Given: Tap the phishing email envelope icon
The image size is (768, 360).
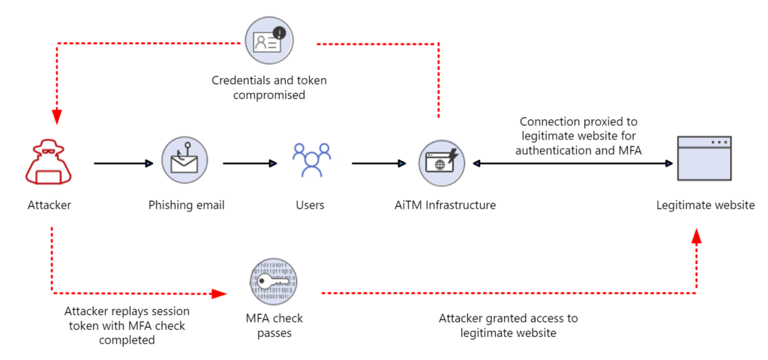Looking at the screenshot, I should (184, 160).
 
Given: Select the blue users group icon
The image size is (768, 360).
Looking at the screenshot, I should (310, 160).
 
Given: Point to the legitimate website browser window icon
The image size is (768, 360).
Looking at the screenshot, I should (703, 159).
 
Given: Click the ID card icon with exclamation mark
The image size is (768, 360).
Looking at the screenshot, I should (269, 41).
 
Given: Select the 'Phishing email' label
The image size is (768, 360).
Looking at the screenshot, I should (186, 205).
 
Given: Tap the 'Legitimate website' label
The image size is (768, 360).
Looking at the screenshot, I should (705, 205).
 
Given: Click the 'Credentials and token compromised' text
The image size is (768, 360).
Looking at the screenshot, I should (269, 88).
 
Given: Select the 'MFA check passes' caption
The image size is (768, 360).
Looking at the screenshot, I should (274, 325).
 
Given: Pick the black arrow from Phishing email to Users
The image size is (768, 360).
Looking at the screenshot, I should (249, 163).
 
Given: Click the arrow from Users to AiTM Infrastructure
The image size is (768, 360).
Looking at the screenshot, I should (378, 163).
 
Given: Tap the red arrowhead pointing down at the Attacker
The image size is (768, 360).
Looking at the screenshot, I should (56, 117).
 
